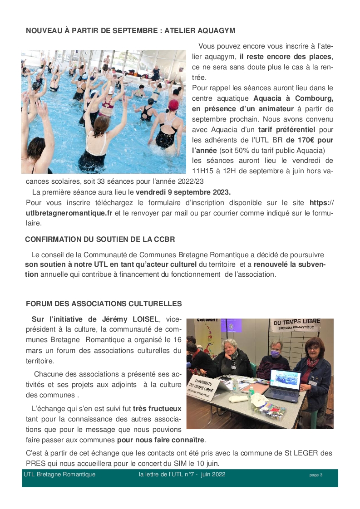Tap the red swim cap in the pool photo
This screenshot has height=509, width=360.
(173, 105)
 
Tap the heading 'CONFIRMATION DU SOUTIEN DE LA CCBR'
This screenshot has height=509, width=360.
(100, 239)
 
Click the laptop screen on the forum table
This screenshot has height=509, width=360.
(285, 380)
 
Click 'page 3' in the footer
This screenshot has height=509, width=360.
(316, 475)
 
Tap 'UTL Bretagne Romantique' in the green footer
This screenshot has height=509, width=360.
(59, 475)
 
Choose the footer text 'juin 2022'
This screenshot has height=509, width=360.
(213, 475)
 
